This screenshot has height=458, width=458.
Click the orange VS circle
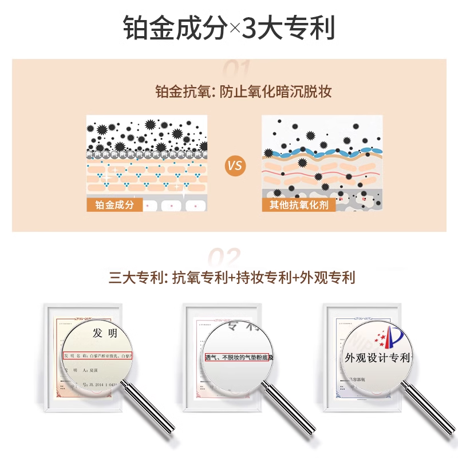tap(235, 166)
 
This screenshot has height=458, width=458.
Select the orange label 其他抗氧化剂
tap(299, 205)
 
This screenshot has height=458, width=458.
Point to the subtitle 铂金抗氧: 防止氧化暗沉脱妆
tap(244, 92)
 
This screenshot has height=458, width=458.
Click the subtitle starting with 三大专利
tap(232, 278)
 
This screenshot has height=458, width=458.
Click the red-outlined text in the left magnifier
tap(97, 356)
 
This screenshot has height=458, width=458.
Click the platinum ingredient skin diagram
tap(147, 155)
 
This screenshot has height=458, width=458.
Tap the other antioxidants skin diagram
tap(322, 155)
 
